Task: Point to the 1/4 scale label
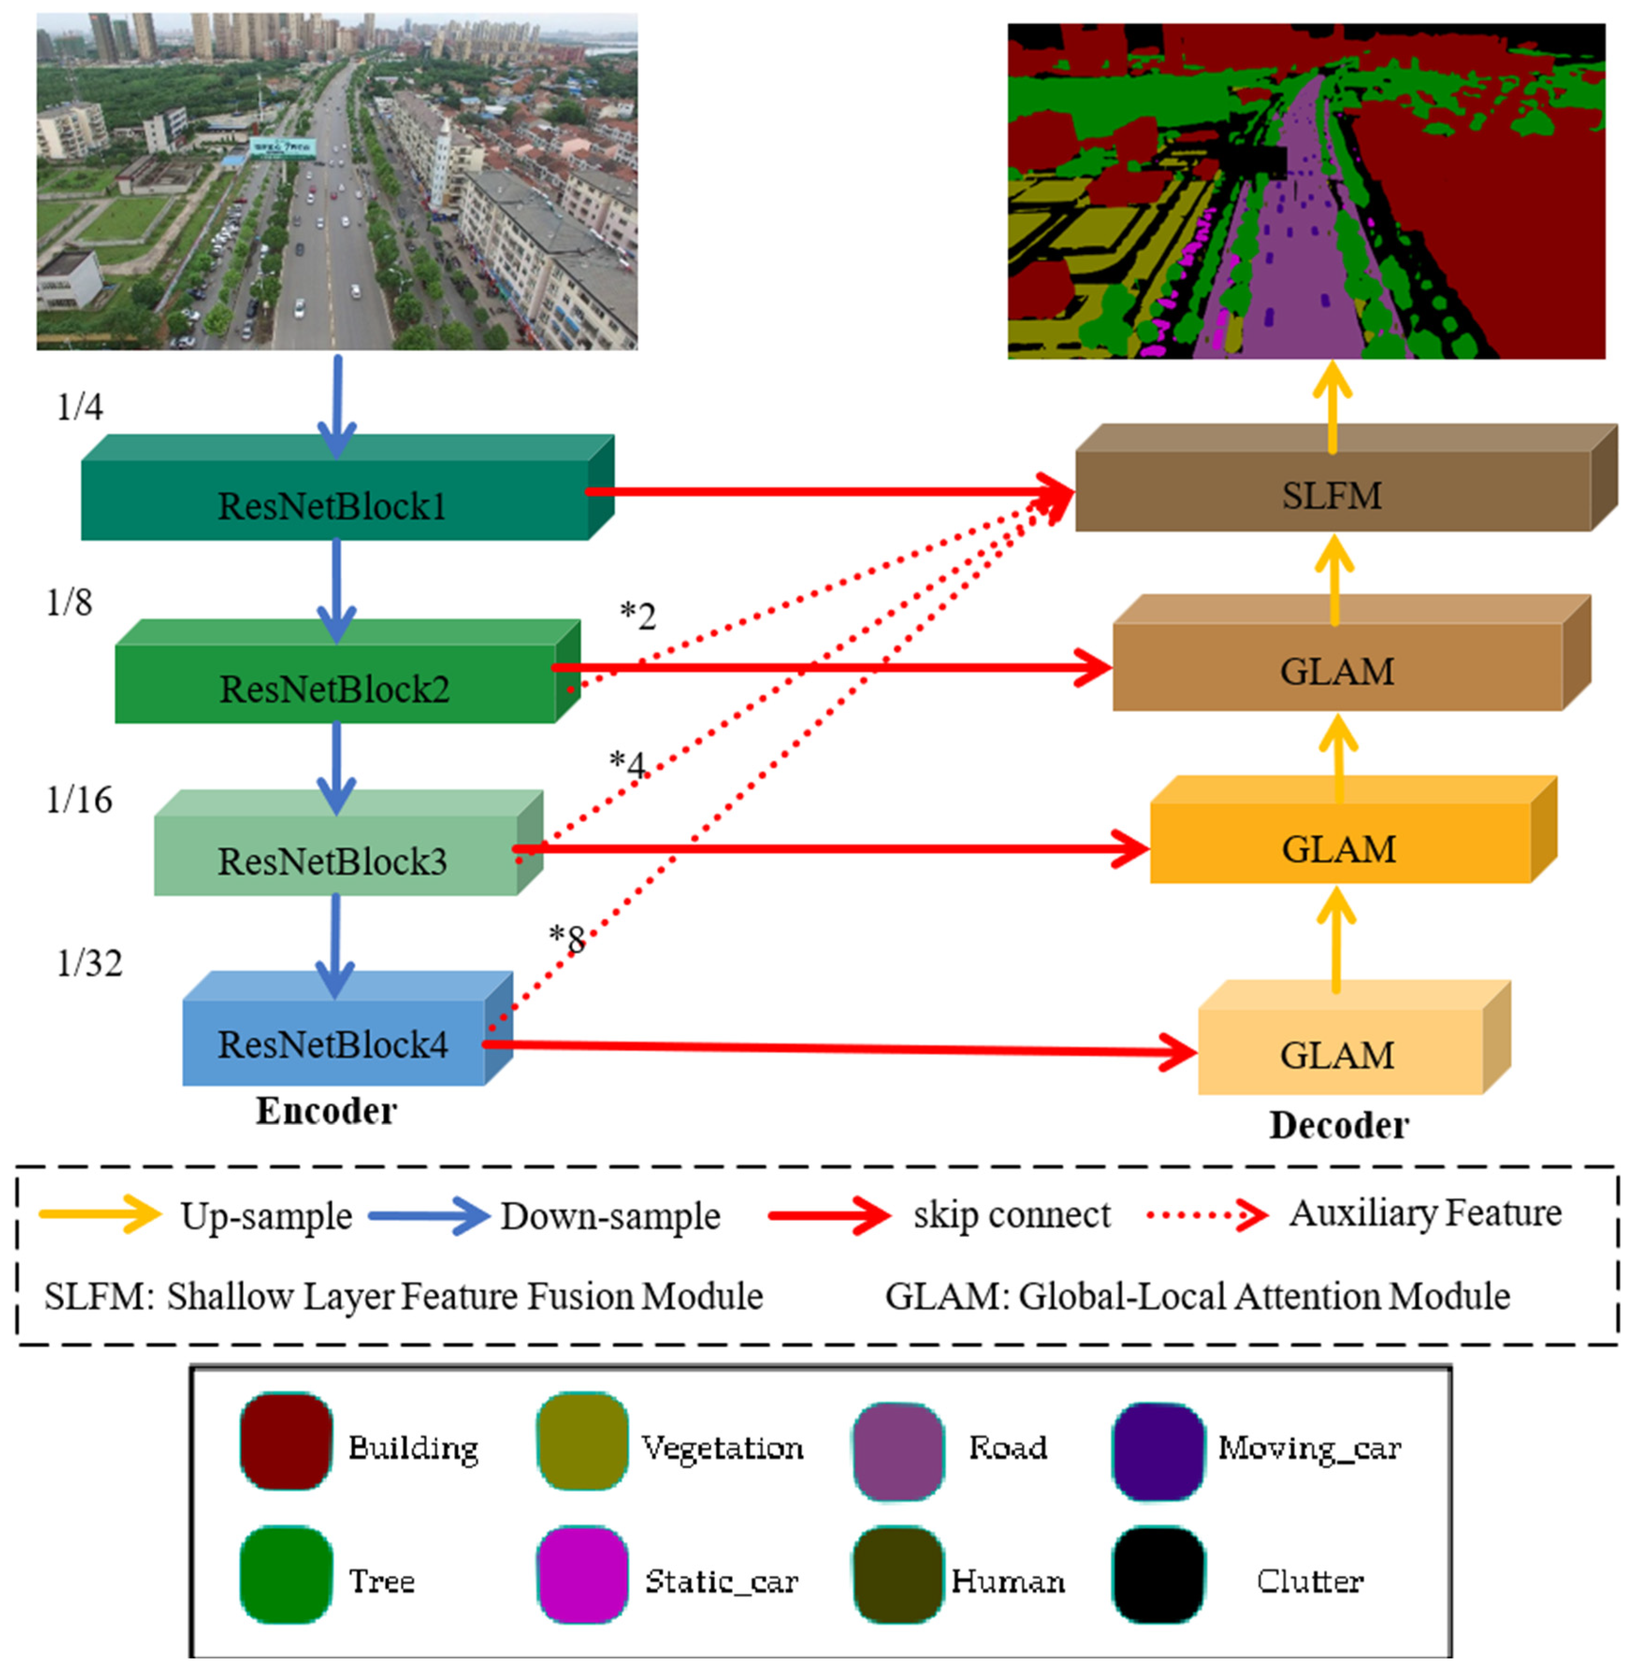pyautogui.click(x=80, y=406)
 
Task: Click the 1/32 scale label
pyautogui.click(x=89, y=963)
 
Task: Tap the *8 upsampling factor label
pyautogui.click(x=567, y=939)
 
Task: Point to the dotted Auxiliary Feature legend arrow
pyautogui.click(x=1207, y=1214)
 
